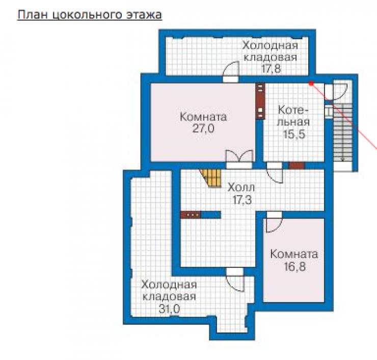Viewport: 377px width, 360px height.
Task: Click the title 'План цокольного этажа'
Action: [x=90, y=15]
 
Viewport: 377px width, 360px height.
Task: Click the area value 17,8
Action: [x=271, y=69]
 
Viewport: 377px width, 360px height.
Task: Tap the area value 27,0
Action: [x=203, y=128]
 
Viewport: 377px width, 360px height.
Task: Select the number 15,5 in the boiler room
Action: [x=294, y=134]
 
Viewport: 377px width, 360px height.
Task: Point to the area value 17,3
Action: [x=242, y=200]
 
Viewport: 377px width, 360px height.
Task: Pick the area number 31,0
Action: [x=169, y=309]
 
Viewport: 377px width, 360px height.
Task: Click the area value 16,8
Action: [x=295, y=266]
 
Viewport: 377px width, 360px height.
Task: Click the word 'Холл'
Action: [x=241, y=187]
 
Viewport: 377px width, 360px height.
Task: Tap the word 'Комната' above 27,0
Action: [x=203, y=117]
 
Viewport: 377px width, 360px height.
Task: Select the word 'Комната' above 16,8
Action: [x=294, y=254]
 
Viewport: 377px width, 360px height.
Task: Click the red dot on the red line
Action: [x=311, y=84]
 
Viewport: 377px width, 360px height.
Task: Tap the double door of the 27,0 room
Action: [x=239, y=158]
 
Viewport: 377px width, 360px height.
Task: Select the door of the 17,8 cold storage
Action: [x=231, y=72]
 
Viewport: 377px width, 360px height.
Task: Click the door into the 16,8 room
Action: [x=274, y=223]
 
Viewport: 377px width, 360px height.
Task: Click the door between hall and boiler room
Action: [x=275, y=173]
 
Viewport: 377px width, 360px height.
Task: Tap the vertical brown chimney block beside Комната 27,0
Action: [x=260, y=101]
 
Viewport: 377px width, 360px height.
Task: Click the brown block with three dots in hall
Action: [x=191, y=214]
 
